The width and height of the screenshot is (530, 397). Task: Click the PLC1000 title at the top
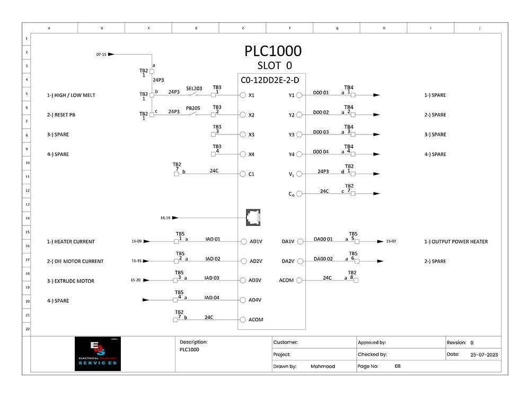[273, 51]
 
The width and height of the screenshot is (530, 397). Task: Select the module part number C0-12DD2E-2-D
[270, 80]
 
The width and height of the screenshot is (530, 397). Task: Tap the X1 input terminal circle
[243, 95]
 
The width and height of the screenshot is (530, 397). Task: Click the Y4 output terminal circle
[299, 155]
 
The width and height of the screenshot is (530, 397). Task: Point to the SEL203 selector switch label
[194, 88]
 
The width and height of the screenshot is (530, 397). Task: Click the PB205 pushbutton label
[193, 108]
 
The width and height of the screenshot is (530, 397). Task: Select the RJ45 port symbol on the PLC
[253, 216]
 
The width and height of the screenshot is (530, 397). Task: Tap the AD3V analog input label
[255, 281]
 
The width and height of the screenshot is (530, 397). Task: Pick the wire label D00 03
[321, 132]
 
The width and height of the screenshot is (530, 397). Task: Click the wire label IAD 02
[212, 258]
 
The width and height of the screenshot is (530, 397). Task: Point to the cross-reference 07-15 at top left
[101, 55]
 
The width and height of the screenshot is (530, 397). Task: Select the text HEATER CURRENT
[74, 241]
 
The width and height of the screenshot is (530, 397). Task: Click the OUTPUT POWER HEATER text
[459, 241]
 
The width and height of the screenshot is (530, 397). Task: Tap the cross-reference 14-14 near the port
[165, 218]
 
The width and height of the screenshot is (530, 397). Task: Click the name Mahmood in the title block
[323, 366]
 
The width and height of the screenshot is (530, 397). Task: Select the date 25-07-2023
[483, 355]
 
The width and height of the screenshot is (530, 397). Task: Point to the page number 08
[397, 366]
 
